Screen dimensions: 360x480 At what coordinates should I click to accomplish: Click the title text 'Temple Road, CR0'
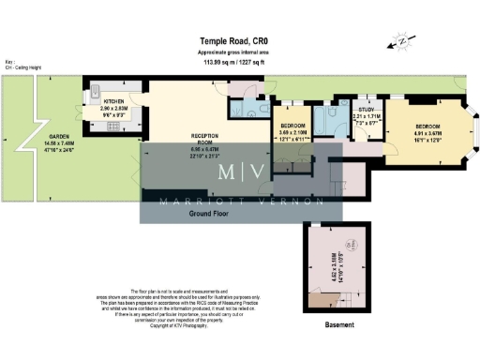[x=240, y=40]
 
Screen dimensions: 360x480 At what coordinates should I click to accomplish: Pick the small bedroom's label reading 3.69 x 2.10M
[x=295, y=129]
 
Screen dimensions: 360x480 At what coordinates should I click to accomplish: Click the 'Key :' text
[x=10, y=62]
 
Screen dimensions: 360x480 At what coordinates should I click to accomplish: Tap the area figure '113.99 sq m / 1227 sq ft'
[x=240, y=60]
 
